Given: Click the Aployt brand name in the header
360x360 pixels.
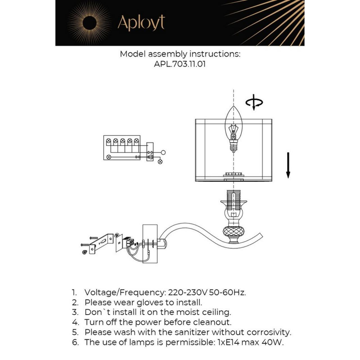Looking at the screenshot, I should pos(141,23).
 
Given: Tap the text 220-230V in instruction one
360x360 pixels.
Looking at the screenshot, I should pos(184,292).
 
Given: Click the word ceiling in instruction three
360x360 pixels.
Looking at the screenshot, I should pos(216,312).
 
